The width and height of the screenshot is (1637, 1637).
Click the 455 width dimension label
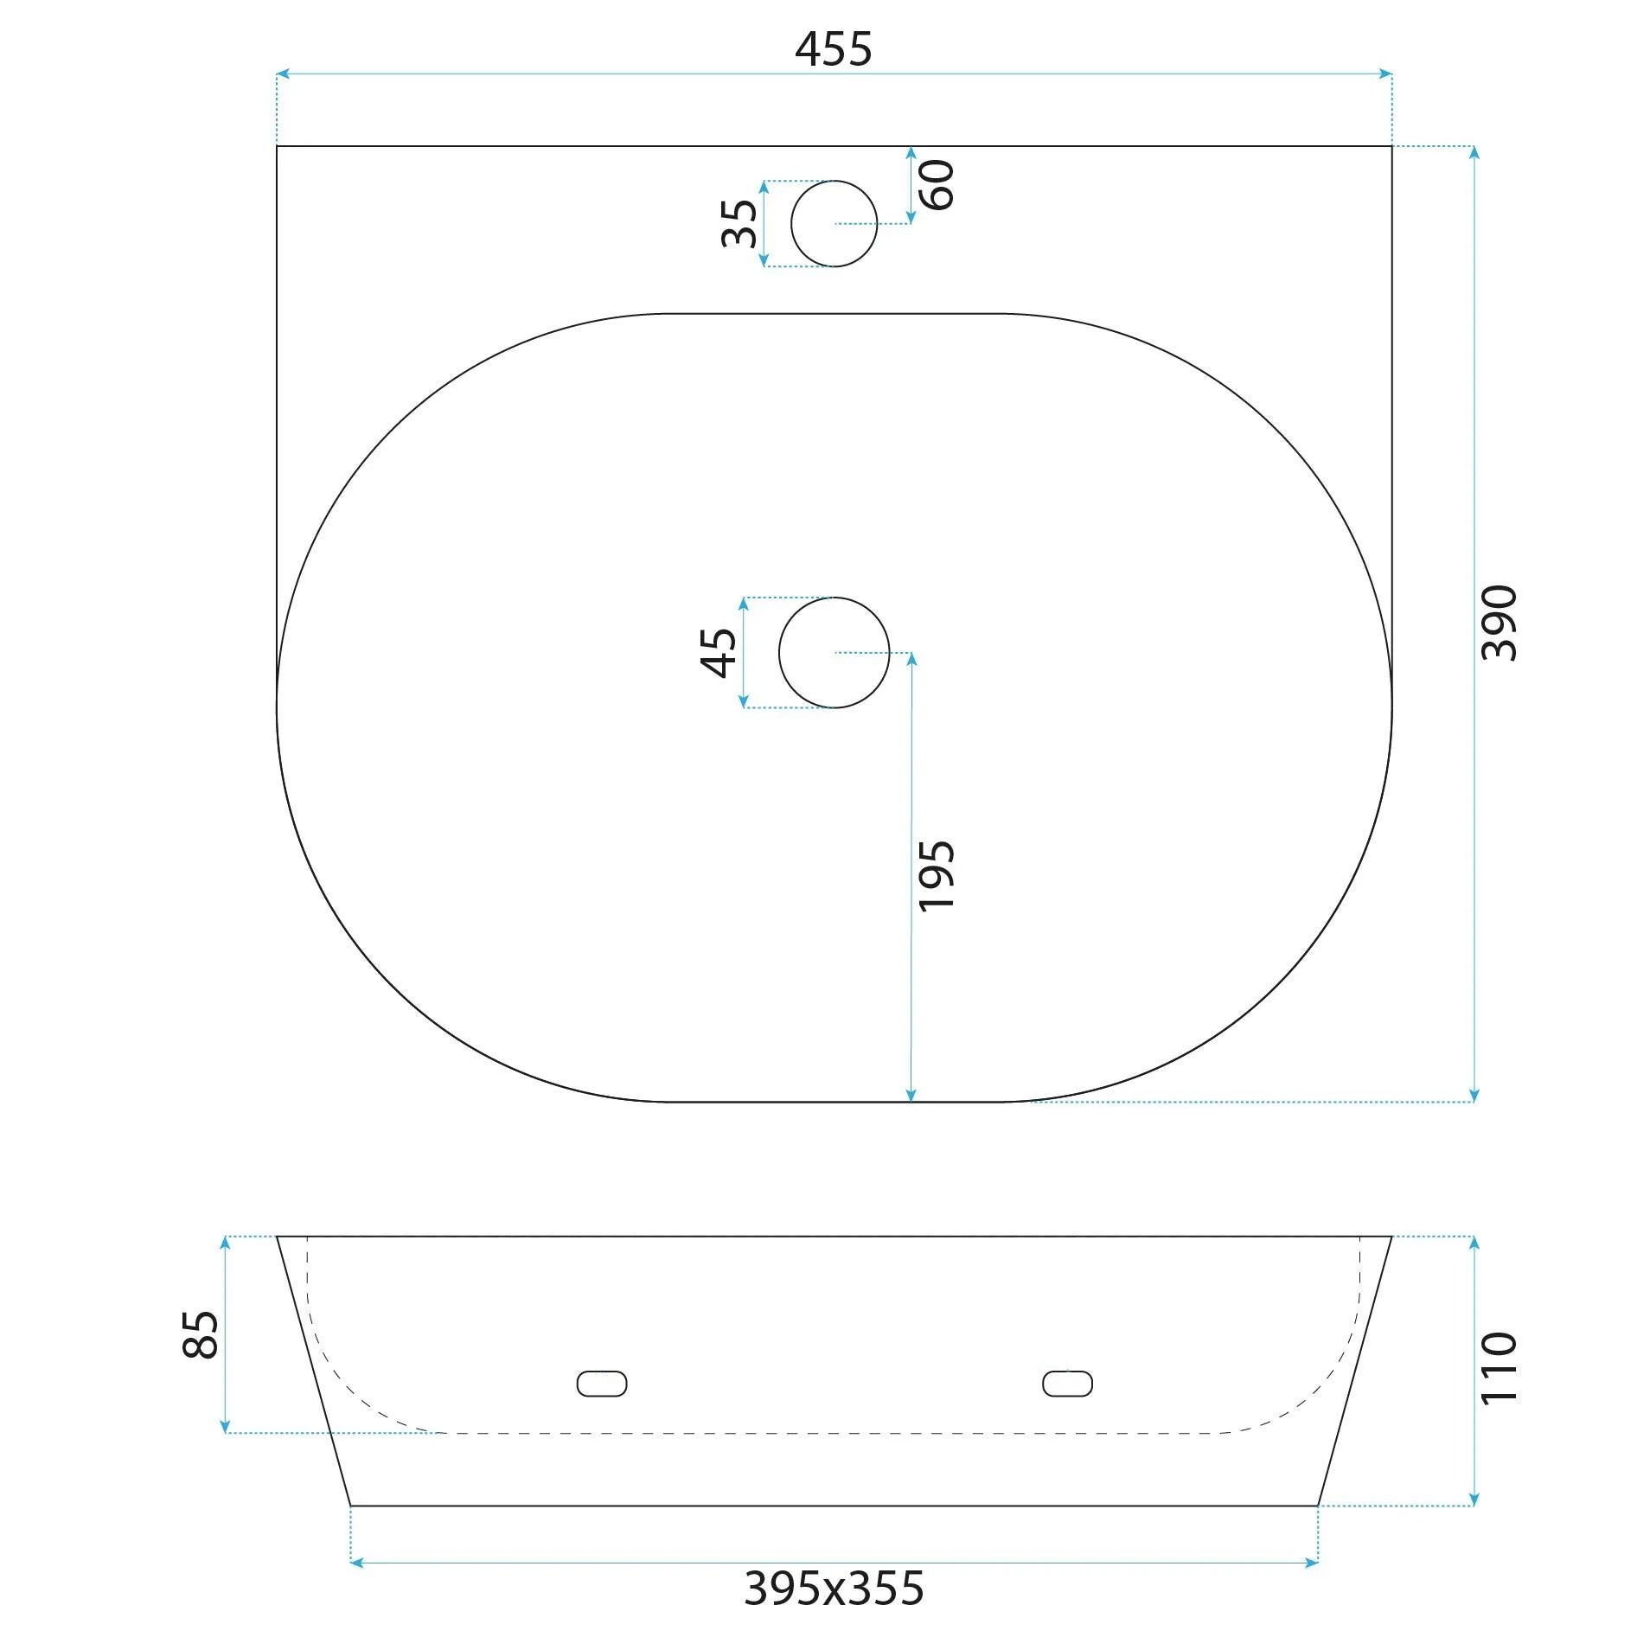pyautogui.click(x=833, y=49)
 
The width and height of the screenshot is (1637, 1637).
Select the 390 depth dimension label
pyautogui.click(x=1499, y=623)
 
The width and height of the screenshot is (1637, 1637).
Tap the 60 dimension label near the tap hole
pyautogui.click(x=937, y=185)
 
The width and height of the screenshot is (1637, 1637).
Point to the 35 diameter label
pyautogui.click(x=739, y=223)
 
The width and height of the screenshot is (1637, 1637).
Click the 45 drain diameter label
pyautogui.click(x=719, y=652)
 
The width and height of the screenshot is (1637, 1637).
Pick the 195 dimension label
pyautogui.click(x=937, y=875)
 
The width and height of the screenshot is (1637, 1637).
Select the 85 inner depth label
pyautogui.click(x=201, y=1335)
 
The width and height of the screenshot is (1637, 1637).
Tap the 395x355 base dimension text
pyautogui.click(x=834, y=1588)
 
